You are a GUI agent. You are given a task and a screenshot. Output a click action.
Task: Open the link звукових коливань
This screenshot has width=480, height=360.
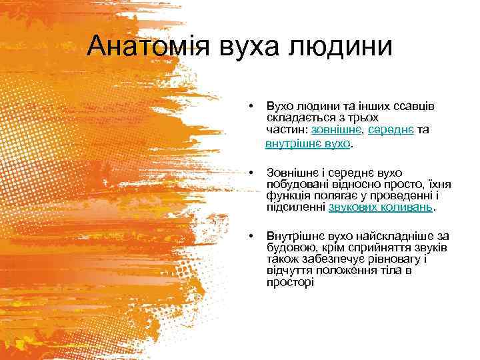coord(381,207)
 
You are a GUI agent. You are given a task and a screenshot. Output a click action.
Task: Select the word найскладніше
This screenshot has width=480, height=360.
coord(389,235)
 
